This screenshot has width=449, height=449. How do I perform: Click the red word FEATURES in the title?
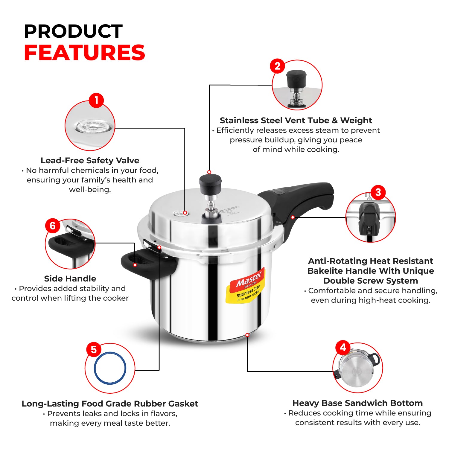pos(84,53)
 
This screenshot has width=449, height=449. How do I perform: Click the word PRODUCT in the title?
pos(73,31)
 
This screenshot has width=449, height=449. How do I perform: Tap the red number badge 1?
pos(96,100)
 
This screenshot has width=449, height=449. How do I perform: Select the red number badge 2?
pos(277,66)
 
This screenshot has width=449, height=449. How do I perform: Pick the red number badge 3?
pos(378,192)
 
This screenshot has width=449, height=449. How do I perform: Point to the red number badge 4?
pos(343,347)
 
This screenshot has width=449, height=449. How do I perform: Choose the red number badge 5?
pos(94,349)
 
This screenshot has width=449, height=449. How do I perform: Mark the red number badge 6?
pos(53,226)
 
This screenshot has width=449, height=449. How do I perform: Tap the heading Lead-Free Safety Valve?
pos(90,161)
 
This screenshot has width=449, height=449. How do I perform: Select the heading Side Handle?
pos(70,279)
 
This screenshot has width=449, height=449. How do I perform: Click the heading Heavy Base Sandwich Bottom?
pos(357,403)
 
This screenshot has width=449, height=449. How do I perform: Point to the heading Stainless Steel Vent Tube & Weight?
pos(296,121)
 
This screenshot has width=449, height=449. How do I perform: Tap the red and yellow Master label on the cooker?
pos(245,286)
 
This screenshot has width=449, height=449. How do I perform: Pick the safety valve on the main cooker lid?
pos(180,213)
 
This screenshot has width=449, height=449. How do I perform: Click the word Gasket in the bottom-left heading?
pos(183,404)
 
